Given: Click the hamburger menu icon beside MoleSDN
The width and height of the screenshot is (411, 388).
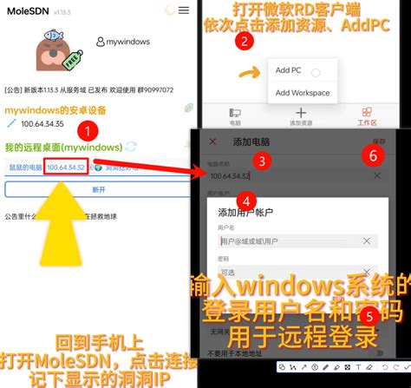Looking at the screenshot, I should click(183, 11).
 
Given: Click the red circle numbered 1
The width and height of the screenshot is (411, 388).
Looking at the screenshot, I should click(88, 131).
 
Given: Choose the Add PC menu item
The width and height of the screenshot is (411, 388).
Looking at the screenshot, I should click(288, 70).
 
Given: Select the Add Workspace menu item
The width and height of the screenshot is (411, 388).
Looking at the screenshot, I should click(303, 93).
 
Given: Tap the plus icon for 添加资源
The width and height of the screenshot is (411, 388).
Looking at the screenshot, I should click(301, 113).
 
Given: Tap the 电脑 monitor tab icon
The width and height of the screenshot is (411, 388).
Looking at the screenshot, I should click(234, 113).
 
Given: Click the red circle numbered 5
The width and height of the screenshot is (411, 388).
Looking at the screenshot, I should click(369, 315).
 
